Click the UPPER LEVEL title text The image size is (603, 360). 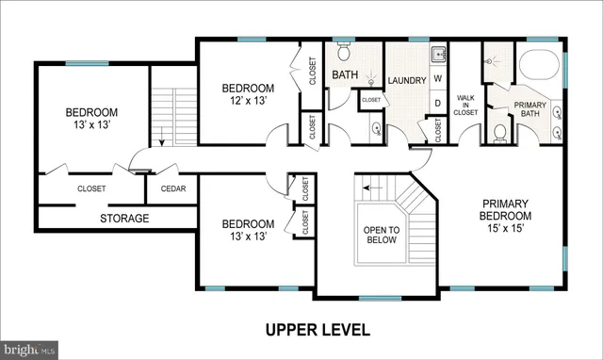click(x=317, y=330)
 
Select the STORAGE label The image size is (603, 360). click(x=124, y=219)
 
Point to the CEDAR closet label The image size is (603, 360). click(x=172, y=188)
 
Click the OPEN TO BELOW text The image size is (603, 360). click(x=382, y=235)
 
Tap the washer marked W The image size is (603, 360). click(x=438, y=80)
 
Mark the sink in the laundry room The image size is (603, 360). click(x=436, y=53)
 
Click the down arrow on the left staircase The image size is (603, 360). click(x=163, y=141)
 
